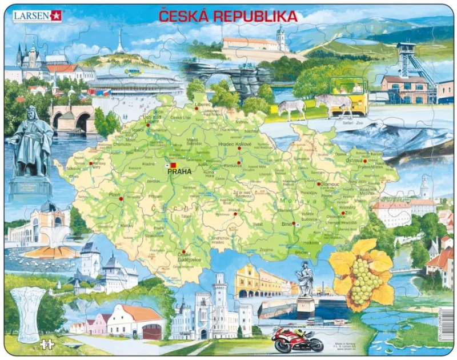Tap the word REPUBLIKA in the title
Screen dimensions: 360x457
point(255,15)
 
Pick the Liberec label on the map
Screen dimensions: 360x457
point(203,105)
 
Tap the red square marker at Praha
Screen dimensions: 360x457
point(174,165)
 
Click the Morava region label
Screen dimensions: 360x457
point(293,202)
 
